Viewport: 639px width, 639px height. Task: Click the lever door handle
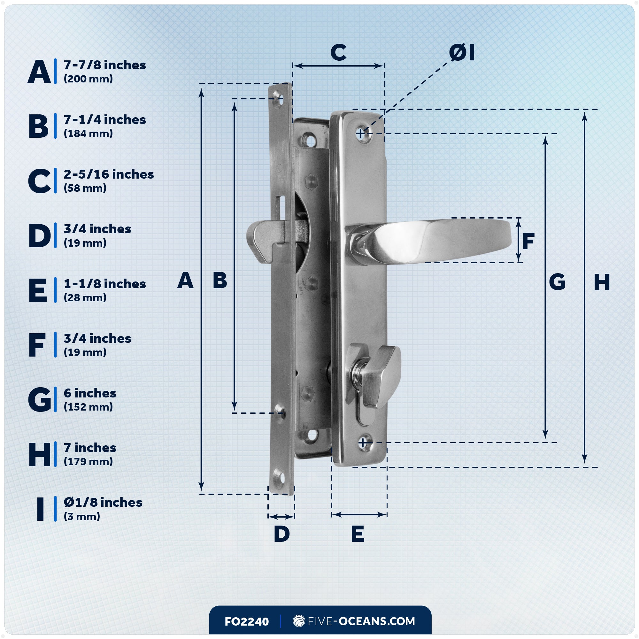coord(440,240)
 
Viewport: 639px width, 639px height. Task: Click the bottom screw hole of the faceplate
coord(279,478)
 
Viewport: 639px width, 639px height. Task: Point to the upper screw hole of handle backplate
coord(363,134)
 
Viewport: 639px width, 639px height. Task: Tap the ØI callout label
coord(462,53)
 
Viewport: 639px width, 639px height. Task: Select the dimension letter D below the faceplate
coord(281,534)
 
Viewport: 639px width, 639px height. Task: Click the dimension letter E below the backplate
coord(358,534)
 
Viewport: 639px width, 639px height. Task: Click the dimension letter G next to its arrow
coord(557,282)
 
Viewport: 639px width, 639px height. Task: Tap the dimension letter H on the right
coord(602,282)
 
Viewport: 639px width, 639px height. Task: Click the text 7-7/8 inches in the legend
coord(104,65)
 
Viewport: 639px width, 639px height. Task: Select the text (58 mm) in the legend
coord(85,188)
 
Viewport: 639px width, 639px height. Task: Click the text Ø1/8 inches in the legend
coord(103,502)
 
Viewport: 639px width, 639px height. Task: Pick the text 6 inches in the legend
coord(90,393)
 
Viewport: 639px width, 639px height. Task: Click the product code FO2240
coord(246,621)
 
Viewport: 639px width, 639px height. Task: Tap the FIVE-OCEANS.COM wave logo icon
coord(299,621)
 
